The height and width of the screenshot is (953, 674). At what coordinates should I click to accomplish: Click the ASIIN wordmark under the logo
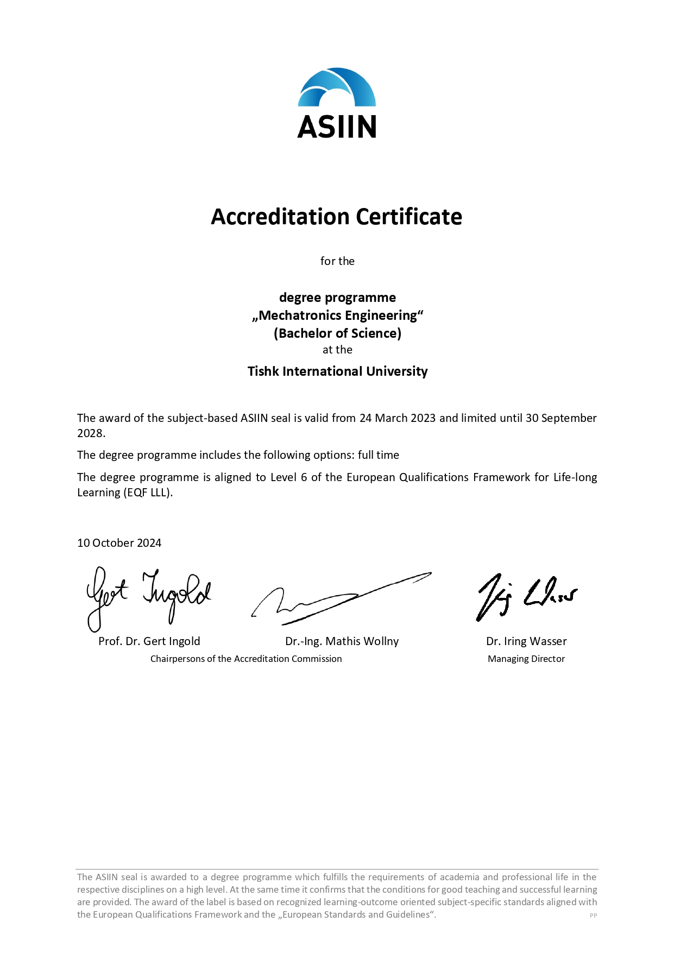[x=337, y=127]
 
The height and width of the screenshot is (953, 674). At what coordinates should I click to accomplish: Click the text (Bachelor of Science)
[x=337, y=333]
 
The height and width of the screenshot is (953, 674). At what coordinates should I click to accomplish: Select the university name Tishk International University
[x=337, y=371]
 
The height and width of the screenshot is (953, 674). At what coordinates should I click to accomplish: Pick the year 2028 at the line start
[x=90, y=433]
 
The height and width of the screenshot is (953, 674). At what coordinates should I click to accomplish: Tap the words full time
[x=378, y=455]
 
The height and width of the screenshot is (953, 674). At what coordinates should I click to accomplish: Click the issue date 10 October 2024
[x=119, y=543]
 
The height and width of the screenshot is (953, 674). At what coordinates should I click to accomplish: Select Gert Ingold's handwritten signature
[x=148, y=596]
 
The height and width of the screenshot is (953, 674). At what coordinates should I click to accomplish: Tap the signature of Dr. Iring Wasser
[x=525, y=596]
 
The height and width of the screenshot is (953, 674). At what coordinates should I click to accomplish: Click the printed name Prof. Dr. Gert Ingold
[x=149, y=641]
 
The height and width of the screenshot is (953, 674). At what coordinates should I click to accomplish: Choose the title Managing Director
[x=526, y=659]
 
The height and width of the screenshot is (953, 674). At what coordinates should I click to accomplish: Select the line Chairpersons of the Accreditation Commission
[x=246, y=659]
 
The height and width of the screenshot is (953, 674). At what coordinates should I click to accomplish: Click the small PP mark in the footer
[x=593, y=916]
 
